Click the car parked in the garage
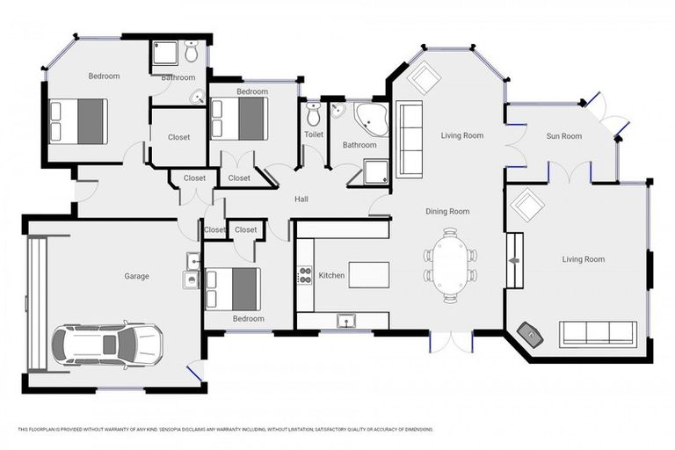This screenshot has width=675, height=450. coord(106,344)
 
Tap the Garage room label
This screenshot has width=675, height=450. coord(136,276)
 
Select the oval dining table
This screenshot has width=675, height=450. coord(451,265)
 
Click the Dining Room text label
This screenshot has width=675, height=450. coord(447,211)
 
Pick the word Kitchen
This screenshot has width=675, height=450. coord(331,276)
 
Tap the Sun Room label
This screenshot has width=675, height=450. coord(563,136)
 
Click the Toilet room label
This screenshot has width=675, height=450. coord(314,134)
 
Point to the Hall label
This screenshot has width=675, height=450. coord(301,200)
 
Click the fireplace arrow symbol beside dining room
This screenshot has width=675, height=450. coord(514,260)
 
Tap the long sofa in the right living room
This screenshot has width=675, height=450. coord(598,332)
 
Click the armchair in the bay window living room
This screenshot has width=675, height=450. coord(425,78)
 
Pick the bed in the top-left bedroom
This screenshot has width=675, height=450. coord(79,121)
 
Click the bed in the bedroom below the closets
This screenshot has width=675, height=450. coord(233,287)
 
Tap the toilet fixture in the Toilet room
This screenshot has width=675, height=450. coord(314,113)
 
